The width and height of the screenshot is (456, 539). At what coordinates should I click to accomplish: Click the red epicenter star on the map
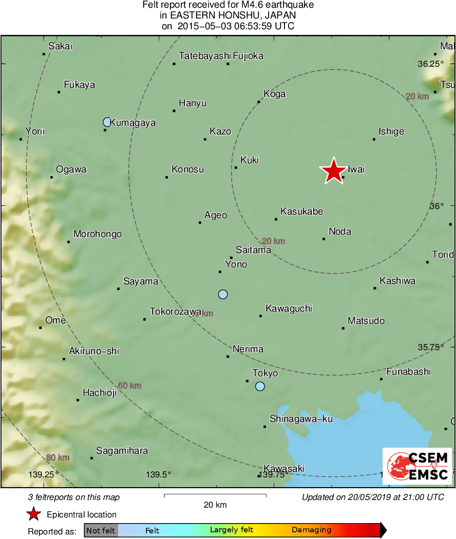(x=333, y=170)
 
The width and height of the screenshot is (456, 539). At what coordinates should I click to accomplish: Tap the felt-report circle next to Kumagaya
(x=107, y=122)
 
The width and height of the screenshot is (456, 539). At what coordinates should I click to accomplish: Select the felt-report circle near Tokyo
(x=260, y=387)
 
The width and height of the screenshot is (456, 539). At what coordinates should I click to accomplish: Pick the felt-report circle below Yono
(x=223, y=294)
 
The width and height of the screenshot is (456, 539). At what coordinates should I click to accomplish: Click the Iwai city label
(x=356, y=169)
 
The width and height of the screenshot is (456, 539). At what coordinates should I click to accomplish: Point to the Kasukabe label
(x=302, y=211)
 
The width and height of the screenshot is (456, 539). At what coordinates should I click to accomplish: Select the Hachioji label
(x=100, y=393)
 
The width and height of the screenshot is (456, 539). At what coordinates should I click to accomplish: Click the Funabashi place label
(x=408, y=372)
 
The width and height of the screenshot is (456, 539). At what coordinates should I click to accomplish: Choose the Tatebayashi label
(x=204, y=56)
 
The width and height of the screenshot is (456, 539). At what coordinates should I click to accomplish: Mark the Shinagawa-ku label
(x=301, y=419)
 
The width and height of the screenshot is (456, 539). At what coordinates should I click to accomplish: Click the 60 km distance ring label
(x=129, y=386)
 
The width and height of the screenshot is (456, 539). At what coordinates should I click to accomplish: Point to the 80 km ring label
(x=58, y=457)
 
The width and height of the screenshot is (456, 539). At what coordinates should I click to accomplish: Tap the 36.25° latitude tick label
(x=430, y=64)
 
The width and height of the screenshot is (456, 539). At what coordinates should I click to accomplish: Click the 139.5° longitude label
(x=159, y=474)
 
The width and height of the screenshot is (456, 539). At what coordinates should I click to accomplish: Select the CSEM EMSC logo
(x=417, y=466)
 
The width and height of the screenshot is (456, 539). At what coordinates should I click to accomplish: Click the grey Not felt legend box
(x=101, y=530)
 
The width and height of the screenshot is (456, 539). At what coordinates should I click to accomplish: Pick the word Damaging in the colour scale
(x=312, y=530)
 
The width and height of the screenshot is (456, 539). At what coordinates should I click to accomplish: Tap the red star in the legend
(x=34, y=514)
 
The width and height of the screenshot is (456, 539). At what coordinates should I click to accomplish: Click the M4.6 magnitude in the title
(x=252, y=5)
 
